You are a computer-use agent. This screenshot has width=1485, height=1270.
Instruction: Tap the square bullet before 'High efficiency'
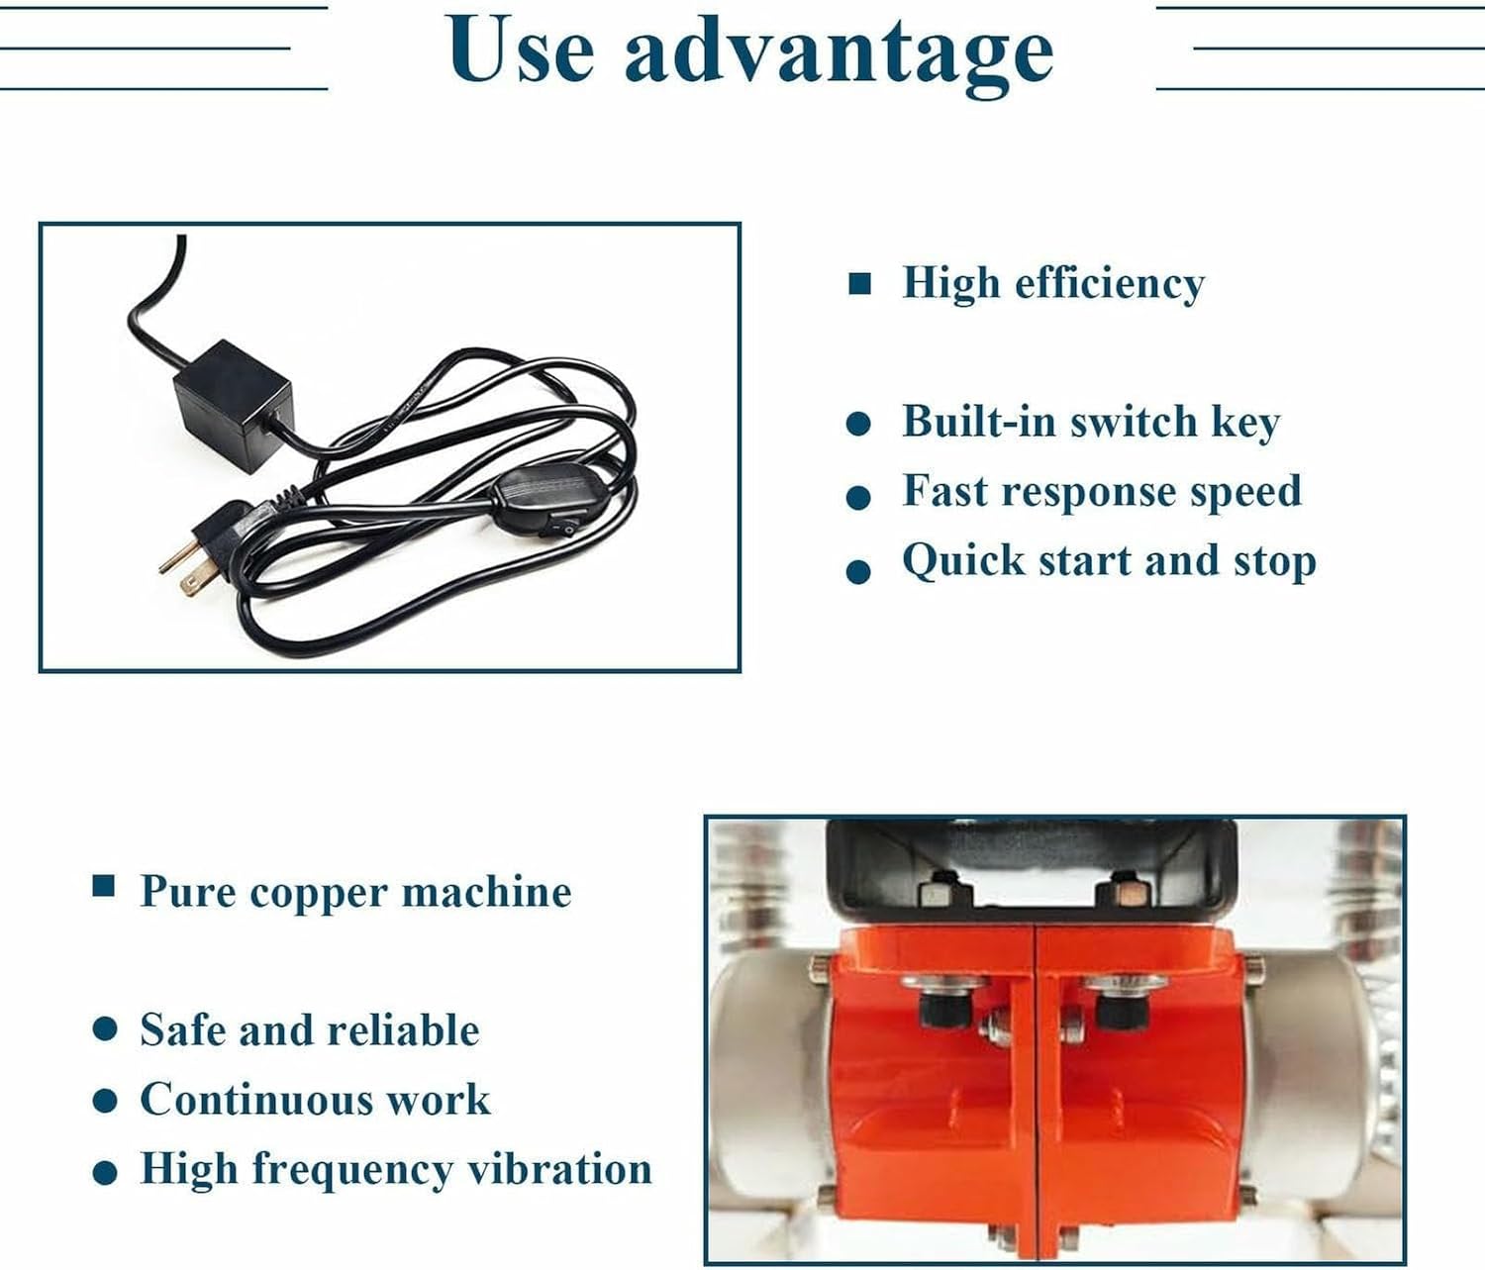tap(859, 285)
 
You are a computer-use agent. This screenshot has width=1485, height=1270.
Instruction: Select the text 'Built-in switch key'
tap(1090, 423)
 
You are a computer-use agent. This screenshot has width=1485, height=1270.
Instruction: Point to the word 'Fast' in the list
tap(944, 491)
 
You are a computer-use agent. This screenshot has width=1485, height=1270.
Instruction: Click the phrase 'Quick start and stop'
tap(1108, 560)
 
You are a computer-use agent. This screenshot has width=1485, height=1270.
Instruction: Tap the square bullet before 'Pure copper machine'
tap(103, 886)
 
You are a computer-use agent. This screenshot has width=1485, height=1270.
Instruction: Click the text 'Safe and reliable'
tap(309, 1030)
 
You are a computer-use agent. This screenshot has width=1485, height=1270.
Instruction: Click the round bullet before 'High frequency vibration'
tap(105, 1173)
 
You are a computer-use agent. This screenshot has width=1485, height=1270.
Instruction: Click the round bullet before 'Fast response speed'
tap(858, 497)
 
